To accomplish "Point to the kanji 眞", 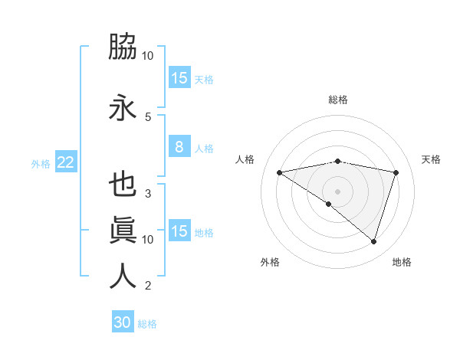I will [123, 231].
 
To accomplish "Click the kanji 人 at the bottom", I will [123, 277].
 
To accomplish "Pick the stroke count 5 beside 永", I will [147, 117].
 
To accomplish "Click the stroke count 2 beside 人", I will [147, 286].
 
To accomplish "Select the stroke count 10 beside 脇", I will [148, 56].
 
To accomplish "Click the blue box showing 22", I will [65, 162].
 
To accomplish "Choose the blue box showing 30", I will [123, 322].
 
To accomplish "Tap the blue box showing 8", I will [179, 147].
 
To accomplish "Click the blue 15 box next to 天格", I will [179, 77].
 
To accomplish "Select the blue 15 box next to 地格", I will [179, 231].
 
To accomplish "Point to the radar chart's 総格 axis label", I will [338, 100].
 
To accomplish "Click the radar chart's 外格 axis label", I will [270, 262].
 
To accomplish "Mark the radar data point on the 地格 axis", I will [374, 242].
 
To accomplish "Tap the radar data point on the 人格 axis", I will [280, 172].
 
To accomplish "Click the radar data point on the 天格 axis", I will [396, 172].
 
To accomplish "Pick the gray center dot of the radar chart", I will [338, 191].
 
